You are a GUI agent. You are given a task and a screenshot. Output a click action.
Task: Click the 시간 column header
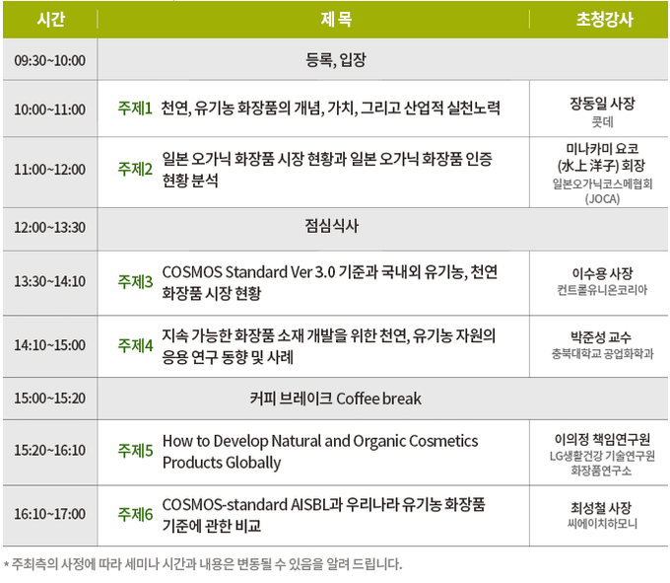[x=51, y=20]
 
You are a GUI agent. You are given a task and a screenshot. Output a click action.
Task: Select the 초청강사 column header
[x=604, y=20]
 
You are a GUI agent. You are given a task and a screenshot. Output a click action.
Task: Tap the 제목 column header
[x=336, y=20]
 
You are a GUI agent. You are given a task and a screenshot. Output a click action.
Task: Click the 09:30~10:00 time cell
[x=49, y=60]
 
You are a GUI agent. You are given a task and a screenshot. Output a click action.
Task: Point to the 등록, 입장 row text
[x=336, y=59]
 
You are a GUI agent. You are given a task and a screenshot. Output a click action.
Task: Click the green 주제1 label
[x=135, y=109]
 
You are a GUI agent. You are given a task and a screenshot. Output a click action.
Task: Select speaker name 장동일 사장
[x=602, y=103]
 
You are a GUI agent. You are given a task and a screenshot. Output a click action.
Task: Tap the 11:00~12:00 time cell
[x=49, y=170]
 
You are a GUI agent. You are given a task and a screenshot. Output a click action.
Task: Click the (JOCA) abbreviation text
[x=602, y=199]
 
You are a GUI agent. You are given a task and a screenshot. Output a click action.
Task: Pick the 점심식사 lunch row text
[x=332, y=226]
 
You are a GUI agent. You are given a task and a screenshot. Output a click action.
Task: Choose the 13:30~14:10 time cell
[x=49, y=281]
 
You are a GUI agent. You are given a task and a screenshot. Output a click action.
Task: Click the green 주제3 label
[x=135, y=281]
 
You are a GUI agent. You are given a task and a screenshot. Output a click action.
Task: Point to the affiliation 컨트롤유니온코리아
[x=602, y=290]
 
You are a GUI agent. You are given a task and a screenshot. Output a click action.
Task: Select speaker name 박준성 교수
[x=601, y=337]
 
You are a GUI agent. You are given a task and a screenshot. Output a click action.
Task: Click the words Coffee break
[x=378, y=399]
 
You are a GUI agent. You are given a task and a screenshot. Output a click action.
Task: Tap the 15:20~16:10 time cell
[x=49, y=450]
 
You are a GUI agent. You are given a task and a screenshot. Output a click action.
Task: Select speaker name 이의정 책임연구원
[x=602, y=439]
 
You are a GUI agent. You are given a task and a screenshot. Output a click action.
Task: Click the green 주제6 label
[x=135, y=514]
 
